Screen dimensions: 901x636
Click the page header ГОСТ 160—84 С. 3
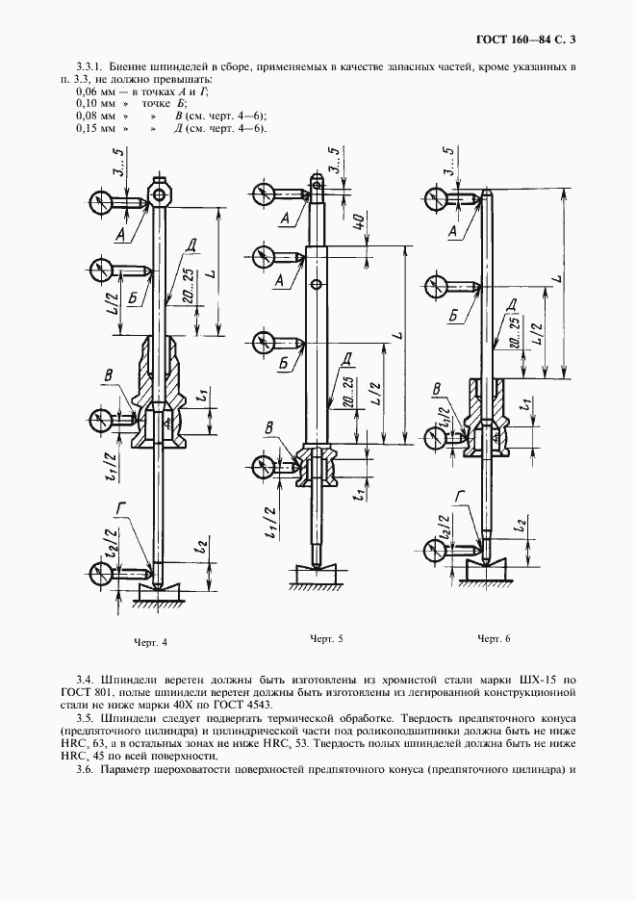530,39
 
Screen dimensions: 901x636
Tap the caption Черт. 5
326,638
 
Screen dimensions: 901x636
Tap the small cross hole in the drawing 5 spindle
317,284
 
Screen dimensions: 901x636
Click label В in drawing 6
438,389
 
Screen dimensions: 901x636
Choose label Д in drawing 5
345,358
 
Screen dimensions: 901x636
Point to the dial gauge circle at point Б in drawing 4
102,267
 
